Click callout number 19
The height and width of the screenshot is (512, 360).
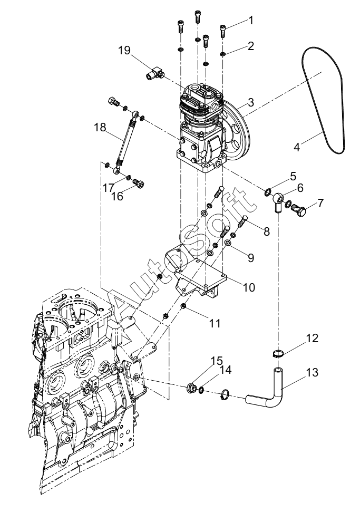124,51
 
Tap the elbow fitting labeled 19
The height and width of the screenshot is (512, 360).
154,73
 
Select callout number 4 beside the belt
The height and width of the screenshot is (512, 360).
296,147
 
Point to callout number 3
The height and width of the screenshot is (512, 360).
250,102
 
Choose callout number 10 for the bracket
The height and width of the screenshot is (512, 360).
249,287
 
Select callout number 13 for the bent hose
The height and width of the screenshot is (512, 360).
313,373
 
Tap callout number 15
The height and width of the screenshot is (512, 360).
216,361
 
